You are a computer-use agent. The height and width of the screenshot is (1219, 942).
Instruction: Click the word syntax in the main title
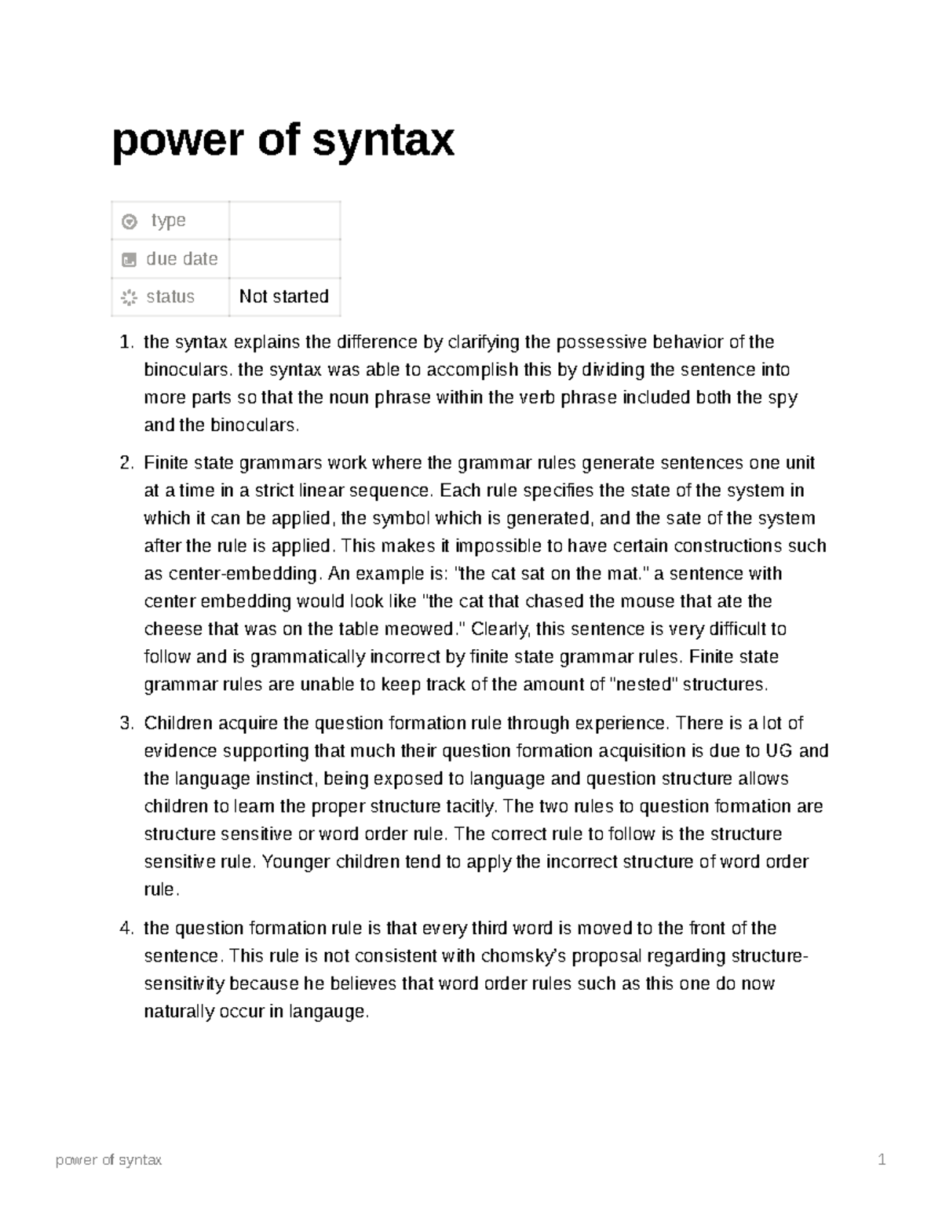point(383,141)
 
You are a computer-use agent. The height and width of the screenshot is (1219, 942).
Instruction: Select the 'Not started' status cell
point(283,297)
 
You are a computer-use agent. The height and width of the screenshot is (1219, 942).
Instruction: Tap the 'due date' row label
point(181,259)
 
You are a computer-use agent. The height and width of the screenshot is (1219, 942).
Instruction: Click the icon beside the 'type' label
point(130,222)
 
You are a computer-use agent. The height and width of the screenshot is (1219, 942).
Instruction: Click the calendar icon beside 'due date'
point(130,260)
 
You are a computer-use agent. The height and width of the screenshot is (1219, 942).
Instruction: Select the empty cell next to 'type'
point(284,221)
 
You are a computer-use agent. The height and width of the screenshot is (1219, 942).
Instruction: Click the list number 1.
point(126,342)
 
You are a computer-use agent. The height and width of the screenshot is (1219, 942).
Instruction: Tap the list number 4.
point(126,929)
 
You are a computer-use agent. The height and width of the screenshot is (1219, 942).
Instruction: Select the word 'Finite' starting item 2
point(166,463)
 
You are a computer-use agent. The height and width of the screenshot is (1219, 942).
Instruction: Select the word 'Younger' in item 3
point(296,862)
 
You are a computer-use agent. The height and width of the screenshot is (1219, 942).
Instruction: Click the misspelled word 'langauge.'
point(328,1012)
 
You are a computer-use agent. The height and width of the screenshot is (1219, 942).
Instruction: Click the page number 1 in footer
point(882,1160)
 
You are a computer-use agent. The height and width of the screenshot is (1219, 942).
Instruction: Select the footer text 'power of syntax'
point(108,1160)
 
